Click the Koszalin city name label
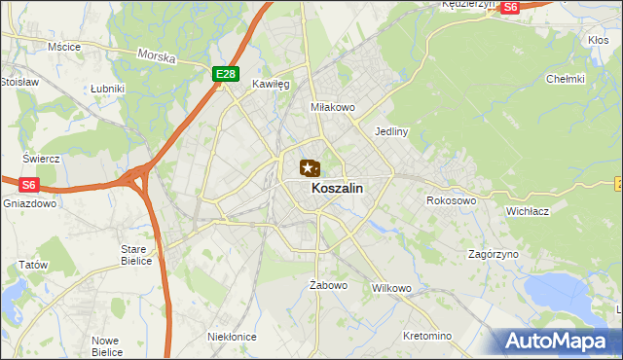[338, 190]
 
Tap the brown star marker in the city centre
[309, 169]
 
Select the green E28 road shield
[226, 73]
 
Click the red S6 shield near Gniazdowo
[28, 184]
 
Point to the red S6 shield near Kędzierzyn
[510, 7]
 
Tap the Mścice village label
[64, 46]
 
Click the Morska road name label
[157, 57]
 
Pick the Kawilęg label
[272, 85]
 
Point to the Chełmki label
[566, 79]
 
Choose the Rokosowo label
[451, 200]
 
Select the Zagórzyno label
[493, 253]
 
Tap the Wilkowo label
[392, 288]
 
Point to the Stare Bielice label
[134, 255]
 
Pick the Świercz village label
[42, 159]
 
